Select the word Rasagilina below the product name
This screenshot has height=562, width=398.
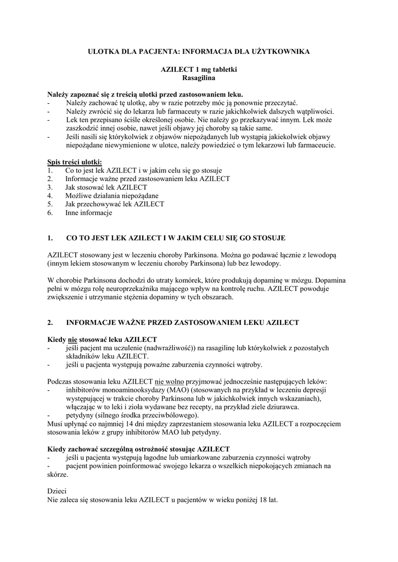(199, 78)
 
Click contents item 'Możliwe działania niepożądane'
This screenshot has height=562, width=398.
(112, 195)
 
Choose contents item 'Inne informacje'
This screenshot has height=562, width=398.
(88, 212)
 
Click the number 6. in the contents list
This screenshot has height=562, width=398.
(51, 212)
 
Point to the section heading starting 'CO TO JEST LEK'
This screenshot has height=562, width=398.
(176, 238)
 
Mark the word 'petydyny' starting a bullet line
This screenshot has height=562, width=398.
(79, 415)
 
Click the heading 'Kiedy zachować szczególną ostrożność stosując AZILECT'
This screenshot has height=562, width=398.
(138, 449)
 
